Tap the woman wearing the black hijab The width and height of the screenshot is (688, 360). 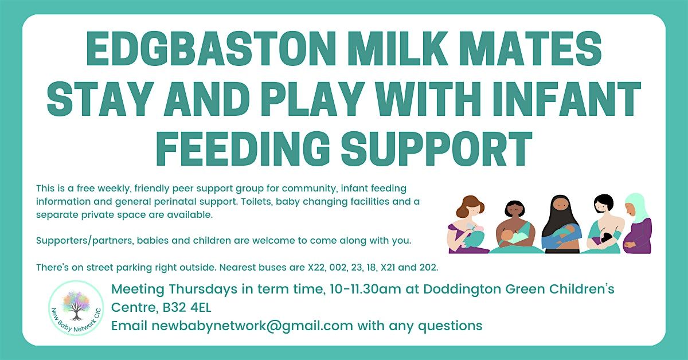coord(561,225)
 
